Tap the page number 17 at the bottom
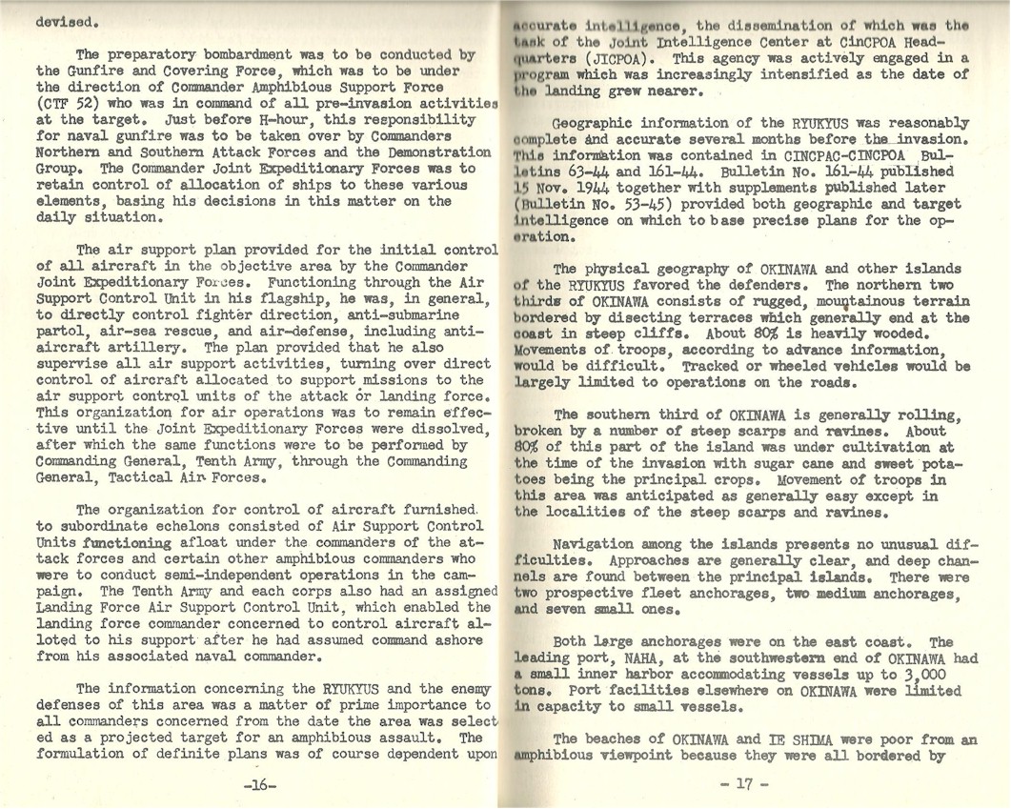[744, 784]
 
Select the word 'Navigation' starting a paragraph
[595, 544]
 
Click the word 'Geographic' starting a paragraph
[597, 124]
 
